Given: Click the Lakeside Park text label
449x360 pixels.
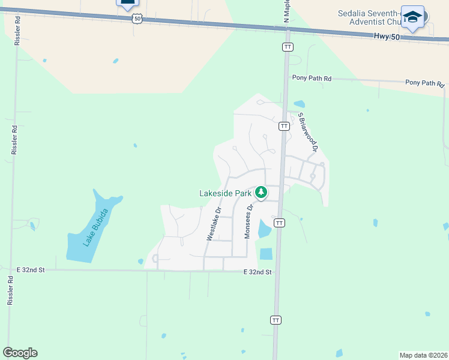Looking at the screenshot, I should (225, 193).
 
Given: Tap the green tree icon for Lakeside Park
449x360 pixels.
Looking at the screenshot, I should (261, 193).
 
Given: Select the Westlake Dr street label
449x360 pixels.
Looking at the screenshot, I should (214, 224).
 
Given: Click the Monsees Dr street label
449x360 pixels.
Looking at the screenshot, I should (248, 220).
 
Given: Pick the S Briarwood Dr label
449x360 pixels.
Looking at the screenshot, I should (307, 133).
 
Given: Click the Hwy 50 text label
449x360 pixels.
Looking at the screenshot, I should (385, 36).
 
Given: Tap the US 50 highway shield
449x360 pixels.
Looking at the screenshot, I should (137, 19).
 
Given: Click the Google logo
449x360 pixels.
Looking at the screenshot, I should (20, 353).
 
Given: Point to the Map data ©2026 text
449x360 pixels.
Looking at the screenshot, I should (423, 355).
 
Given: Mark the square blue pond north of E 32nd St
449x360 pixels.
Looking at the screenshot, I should (266, 254).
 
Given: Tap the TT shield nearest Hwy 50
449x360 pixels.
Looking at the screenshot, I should (288, 47).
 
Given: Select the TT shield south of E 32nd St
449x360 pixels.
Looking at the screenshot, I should (276, 320).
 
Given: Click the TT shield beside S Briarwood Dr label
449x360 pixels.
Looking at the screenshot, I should (283, 126).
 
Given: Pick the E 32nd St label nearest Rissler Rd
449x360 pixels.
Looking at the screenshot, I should (31, 270).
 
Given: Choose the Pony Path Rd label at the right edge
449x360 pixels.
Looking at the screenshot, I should (423, 83).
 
